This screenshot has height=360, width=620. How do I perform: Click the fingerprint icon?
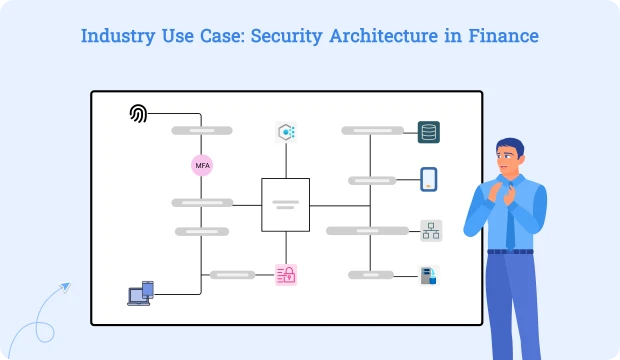pyautogui.click(x=139, y=114)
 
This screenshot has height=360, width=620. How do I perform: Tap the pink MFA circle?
pyautogui.click(x=202, y=165)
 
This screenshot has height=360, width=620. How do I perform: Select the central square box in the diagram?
pyautogui.click(x=285, y=203)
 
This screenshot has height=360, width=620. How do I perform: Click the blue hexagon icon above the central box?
pyautogui.click(x=286, y=132)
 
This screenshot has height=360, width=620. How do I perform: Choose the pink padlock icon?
pyautogui.click(x=286, y=273)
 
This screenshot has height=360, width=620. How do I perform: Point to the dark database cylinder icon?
pyautogui.click(x=429, y=132)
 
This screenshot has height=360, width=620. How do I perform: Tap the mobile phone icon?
pyautogui.click(x=429, y=180)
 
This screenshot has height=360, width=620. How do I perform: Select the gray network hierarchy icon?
pyautogui.click(x=430, y=231)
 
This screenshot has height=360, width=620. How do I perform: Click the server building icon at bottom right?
pyautogui.click(x=429, y=275)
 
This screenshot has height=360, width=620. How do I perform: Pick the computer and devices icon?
pyautogui.click(x=140, y=292)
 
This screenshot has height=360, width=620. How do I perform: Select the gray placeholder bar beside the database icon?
pyautogui.click(x=372, y=131)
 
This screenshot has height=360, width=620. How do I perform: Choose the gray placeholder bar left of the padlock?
pyautogui.click(x=232, y=274)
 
